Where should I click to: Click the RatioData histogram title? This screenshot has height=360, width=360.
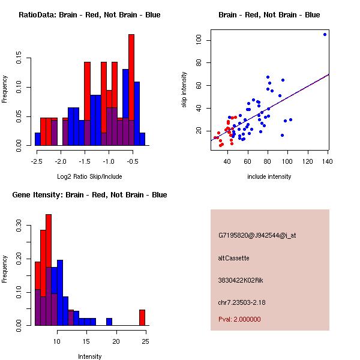(x=89, y=15)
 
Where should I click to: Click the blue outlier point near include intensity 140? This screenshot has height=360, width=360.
(x=325, y=34)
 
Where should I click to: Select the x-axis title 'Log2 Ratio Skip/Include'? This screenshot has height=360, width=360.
(x=89, y=176)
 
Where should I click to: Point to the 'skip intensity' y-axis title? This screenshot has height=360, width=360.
(x=184, y=90)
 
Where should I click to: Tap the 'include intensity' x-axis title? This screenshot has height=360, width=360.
(x=269, y=176)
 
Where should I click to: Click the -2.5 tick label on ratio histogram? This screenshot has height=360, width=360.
(x=37, y=161)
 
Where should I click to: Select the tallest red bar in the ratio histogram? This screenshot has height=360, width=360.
(x=131, y=90)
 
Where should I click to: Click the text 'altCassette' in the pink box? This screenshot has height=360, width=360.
(x=234, y=258)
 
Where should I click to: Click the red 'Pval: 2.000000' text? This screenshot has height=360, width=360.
(x=243, y=320)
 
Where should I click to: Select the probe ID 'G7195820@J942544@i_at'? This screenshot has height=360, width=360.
(x=257, y=235)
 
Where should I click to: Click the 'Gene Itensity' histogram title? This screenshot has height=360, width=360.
(x=88, y=195)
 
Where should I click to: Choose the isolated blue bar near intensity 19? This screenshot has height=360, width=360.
(x=109, y=322)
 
